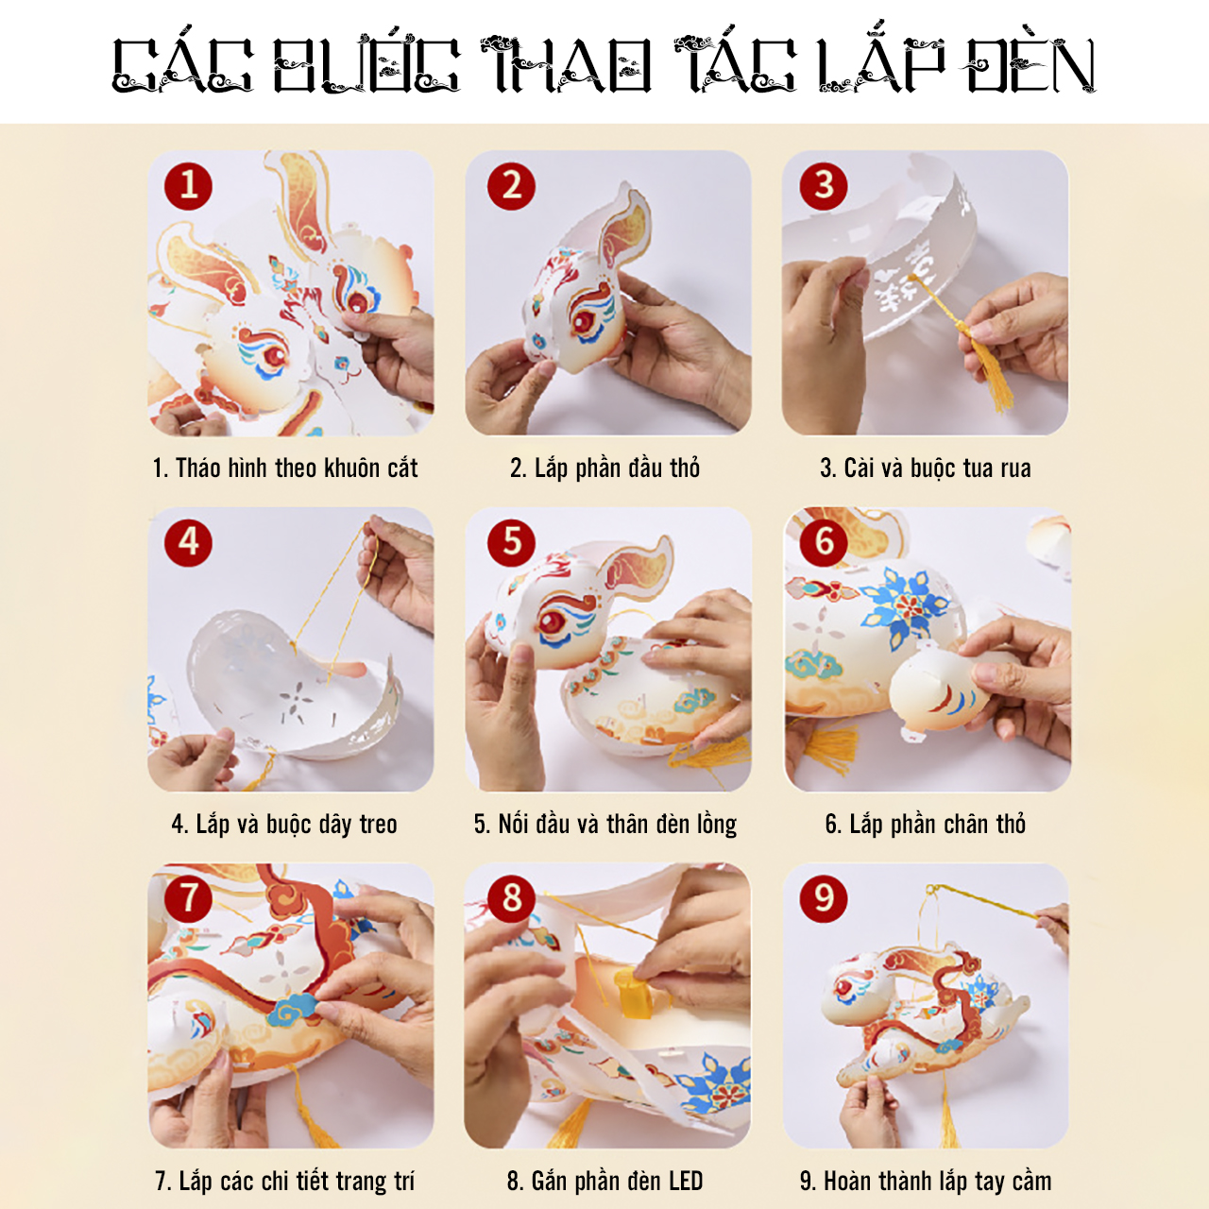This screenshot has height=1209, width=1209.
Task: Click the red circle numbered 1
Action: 188,186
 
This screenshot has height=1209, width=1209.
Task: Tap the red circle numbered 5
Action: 511,543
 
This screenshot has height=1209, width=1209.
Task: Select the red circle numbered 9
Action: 824,899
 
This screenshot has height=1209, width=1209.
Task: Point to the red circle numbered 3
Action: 824,186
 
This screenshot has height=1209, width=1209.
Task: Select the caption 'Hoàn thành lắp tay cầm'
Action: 926,1181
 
